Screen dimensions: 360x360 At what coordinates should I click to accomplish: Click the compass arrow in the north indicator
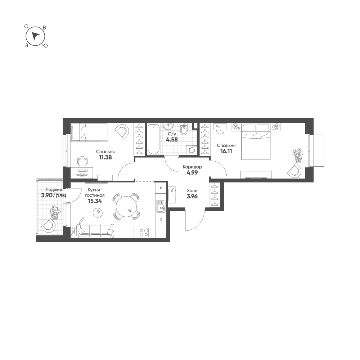coord(35,36)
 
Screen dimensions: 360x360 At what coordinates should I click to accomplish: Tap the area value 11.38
coord(105,157)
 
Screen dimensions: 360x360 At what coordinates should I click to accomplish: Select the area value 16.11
coord(226,151)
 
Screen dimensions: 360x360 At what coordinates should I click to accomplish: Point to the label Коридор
coord(192,167)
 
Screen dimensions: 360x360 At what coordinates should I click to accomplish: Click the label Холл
coord(192,191)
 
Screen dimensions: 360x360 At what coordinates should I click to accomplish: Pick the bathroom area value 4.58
coord(172,139)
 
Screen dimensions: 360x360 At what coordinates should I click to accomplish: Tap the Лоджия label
coord(54,190)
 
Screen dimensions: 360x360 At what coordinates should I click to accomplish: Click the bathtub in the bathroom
coord(153,139)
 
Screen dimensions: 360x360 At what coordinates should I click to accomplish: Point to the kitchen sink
coord(161,206)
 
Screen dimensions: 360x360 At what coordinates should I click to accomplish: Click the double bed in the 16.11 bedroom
coord(256,141)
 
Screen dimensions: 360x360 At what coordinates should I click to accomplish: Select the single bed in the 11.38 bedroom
coord(89,132)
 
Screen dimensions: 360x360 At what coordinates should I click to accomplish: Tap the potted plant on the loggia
coord(55,212)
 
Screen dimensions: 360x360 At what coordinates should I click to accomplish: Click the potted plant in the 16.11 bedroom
coord(298,155)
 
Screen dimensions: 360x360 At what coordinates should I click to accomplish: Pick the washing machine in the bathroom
coord(191,150)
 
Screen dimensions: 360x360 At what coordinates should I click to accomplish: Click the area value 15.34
coord(95,201)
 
